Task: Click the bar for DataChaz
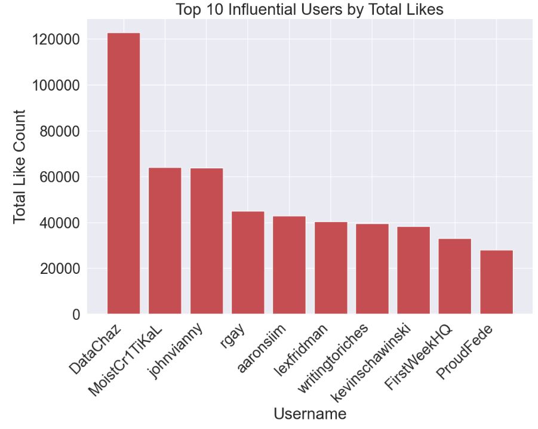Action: click(123, 173)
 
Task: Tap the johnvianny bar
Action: click(206, 241)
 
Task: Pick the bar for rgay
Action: click(248, 263)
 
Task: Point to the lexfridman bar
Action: click(331, 268)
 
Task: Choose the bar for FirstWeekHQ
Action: click(455, 276)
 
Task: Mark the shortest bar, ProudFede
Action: click(496, 282)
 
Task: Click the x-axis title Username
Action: click(309, 413)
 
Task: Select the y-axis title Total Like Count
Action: click(19, 166)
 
